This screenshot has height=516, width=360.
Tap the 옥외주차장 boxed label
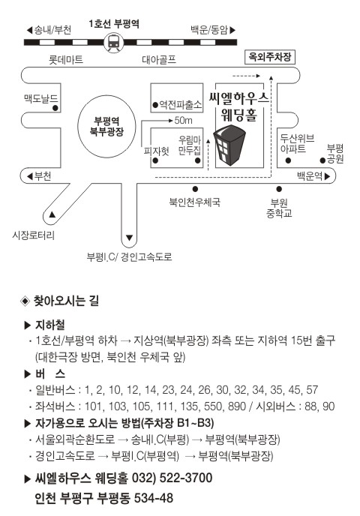click(270, 57)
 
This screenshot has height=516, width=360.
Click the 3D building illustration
click(229, 144)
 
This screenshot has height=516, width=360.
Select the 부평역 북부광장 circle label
click(106, 126)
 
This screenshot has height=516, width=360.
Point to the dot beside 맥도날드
click(55, 107)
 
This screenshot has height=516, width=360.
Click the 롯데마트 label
click(66, 60)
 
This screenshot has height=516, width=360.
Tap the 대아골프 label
click(159, 59)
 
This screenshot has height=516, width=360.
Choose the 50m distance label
click(183, 121)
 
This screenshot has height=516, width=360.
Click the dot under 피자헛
click(156, 161)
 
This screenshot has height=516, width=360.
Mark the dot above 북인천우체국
click(195, 189)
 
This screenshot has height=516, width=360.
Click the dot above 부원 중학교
click(279, 189)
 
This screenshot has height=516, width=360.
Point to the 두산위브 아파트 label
click(297, 143)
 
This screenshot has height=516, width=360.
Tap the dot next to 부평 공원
click(322, 160)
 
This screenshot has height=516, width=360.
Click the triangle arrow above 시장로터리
click(52, 215)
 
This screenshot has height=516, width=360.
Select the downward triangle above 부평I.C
click(129, 238)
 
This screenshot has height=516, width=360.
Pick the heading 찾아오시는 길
click(66, 301)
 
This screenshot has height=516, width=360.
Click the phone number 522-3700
click(186, 478)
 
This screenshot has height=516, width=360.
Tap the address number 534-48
click(154, 498)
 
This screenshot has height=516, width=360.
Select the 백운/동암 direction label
click(213, 30)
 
